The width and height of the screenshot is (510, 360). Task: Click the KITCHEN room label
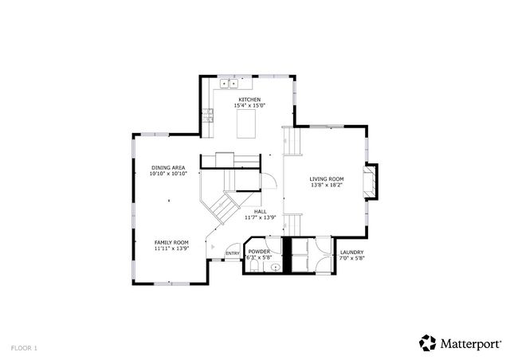click(249, 100)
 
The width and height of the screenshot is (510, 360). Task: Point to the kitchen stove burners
click(209, 115)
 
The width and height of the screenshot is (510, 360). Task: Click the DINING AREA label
click(169, 167)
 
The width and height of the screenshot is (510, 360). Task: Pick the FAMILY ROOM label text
click(171, 242)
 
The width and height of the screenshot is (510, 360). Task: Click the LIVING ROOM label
click(327, 178)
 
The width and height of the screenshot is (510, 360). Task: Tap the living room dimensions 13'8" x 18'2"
click(327, 185)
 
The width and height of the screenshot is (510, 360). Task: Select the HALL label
click(260, 212)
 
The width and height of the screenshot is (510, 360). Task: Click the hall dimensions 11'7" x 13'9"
click(260, 218)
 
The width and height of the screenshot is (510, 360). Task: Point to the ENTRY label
click(233, 254)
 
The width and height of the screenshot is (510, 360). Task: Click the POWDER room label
click(260, 252)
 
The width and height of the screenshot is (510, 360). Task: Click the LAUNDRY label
click(351, 252)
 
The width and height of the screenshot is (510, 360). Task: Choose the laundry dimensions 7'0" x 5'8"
click(351, 258)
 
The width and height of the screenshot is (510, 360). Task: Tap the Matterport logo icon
click(428, 342)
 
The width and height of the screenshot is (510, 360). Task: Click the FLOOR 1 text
click(24, 347)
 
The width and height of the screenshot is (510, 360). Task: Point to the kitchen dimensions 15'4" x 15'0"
click(249, 106)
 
